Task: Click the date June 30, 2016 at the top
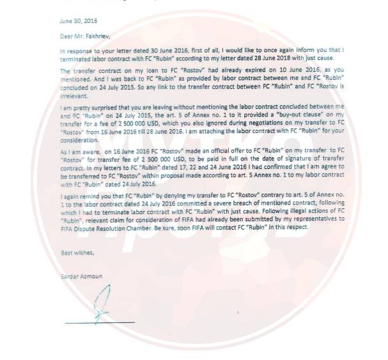tap(74, 21)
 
